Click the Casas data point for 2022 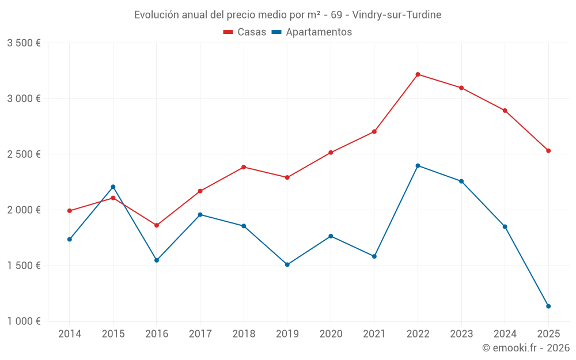coord(418,74)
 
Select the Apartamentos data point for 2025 coord(548,306)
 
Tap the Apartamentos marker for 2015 coord(113,187)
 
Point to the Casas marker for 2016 coord(157,225)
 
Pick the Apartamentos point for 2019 coord(287,265)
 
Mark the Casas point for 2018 coord(244,167)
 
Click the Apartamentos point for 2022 coord(418,166)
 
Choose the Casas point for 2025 coord(548,151)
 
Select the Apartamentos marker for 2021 coord(374,256)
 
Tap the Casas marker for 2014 coord(70,211)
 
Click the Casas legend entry coord(245,32)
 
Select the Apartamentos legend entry coord(312,32)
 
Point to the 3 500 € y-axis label coord(24,43)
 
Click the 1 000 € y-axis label coord(24,321)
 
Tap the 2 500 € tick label coord(24,154)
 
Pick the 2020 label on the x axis coord(331,334)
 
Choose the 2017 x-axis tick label coord(200,334)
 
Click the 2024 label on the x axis coord(505,334)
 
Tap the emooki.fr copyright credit coord(526,348)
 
